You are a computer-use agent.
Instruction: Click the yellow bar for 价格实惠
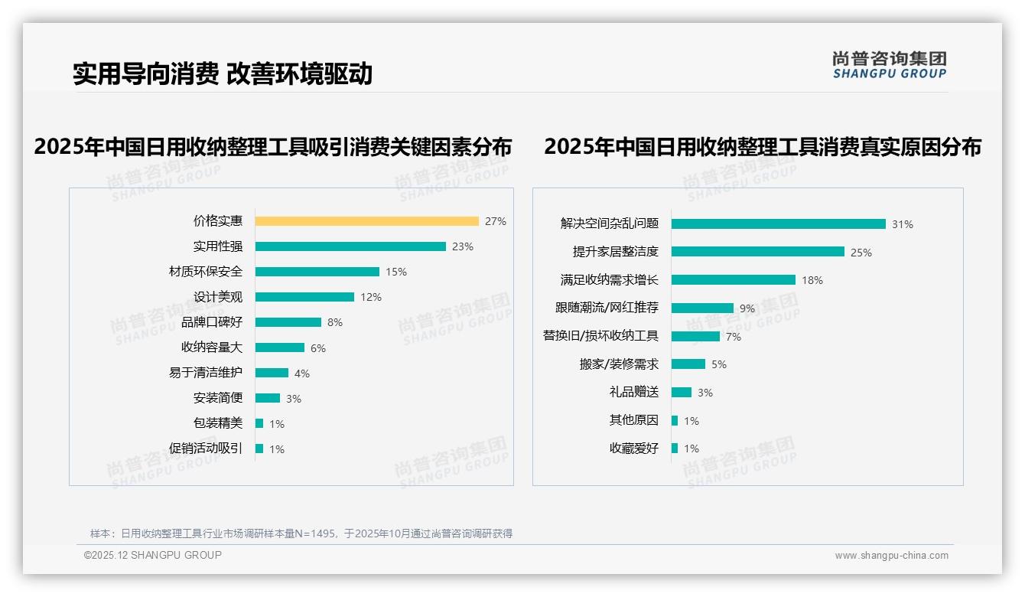tap(366, 221)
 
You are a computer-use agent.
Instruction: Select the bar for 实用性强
tap(350, 246)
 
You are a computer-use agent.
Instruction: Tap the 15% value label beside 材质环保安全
tap(395, 272)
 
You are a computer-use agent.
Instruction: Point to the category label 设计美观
tap(218, 297)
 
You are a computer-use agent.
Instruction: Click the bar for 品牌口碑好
tap(288, 322)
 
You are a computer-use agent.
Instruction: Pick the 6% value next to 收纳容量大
tap(317, 348)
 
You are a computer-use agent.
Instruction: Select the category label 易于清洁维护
tap(206, 373)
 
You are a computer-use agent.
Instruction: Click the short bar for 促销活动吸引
tap(259, 449)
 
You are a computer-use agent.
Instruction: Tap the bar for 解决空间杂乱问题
tap(778, 223)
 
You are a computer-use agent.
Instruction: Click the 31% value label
tap(902, 224)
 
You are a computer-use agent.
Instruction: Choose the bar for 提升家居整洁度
tap(757, 252)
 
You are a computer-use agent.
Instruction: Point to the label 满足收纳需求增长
tap(610, 280)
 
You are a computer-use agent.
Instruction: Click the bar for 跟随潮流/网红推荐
tap(702, 308)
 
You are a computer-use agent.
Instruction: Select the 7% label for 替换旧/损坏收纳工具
tap(733, 337)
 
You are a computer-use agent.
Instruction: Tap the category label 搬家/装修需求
tap(619, 364)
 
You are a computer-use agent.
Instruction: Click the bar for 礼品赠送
tap(681, 392)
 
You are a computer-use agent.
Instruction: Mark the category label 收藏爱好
tap(633, 449)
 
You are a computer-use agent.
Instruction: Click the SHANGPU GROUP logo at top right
tap(889, 65)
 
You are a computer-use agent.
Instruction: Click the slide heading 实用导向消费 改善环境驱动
tap(223, 73)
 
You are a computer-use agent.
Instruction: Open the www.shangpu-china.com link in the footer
tap(891, 556)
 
